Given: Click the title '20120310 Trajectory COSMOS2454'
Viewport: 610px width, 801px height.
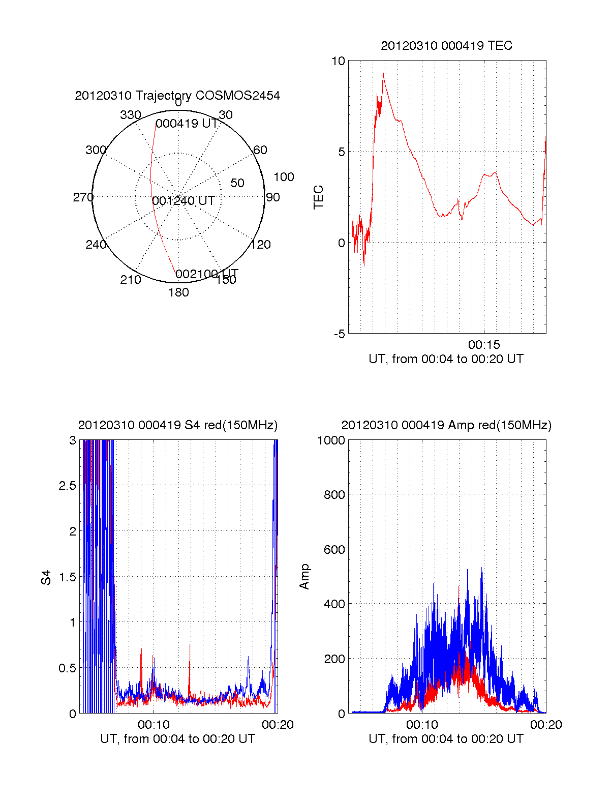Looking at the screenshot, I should point(177,96).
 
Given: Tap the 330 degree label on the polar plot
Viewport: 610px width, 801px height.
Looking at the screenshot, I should point(130,115).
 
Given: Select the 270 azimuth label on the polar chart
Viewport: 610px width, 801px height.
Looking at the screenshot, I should point(83,197).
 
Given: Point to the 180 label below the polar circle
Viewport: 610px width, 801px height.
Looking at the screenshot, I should point(178,292).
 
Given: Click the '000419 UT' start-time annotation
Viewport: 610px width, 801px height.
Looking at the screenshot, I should point(186,124).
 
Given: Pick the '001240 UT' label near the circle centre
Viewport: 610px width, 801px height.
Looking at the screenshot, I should point(184,201).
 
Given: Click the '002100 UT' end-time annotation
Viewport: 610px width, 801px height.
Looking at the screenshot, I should point(206,275).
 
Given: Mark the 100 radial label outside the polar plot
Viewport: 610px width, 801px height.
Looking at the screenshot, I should point(284,177).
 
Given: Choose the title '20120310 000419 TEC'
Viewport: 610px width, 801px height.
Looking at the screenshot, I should point(446,46).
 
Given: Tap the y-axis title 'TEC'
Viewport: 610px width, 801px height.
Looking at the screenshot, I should point(319,197).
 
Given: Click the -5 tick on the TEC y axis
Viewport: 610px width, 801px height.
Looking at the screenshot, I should point(339,334).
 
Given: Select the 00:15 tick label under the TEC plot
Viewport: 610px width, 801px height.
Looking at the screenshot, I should point(484,345).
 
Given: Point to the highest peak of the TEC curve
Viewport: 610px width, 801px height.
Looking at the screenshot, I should point(383,73).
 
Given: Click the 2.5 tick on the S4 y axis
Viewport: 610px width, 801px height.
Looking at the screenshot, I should point(67,486).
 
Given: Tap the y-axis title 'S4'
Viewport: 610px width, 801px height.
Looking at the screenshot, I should point(46,578).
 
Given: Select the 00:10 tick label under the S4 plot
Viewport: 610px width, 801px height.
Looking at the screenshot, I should point(154,725).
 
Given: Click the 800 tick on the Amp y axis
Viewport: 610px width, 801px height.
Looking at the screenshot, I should point(334,495).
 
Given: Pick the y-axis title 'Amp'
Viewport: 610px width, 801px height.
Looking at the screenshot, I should point(304,577).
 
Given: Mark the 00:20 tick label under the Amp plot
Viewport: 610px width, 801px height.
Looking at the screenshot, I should point(546,725).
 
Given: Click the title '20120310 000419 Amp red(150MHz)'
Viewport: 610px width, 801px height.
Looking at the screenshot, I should point(446,425).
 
